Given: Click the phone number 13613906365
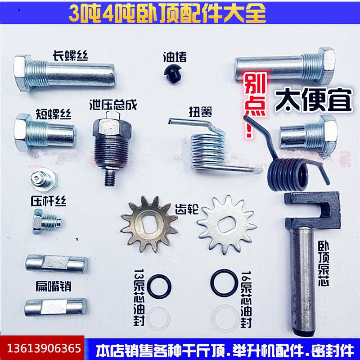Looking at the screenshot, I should [x=44, y=349].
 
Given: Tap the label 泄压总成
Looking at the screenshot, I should [x=113, y=104].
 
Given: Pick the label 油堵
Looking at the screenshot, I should [x=175, y=57].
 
